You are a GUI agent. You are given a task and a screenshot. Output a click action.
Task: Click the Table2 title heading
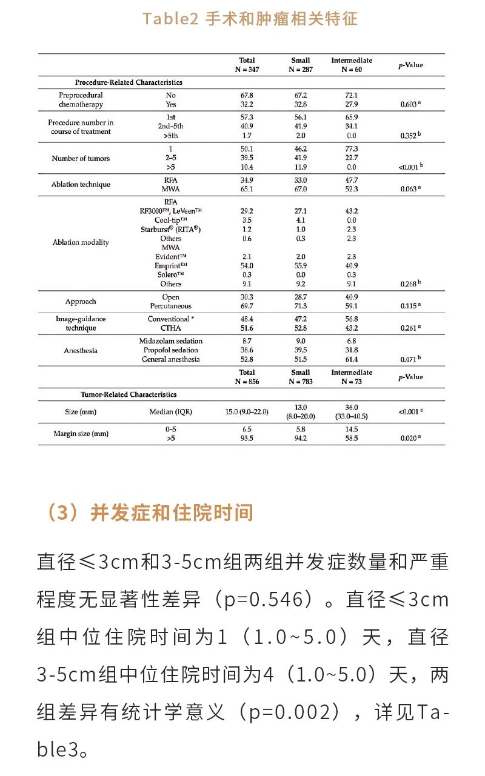tap(250, 19)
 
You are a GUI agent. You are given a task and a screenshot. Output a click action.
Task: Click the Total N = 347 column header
tap(247, 65)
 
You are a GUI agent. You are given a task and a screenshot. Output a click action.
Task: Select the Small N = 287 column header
tap(300, 65)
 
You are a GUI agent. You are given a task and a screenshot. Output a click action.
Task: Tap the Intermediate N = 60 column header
tap(352, 65)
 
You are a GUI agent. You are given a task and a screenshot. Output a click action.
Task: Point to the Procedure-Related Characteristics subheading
tap(129, 82)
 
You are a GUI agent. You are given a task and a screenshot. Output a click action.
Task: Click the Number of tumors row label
tap(81, 159)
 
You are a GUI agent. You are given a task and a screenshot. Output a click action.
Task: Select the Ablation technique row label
tap(81, 185)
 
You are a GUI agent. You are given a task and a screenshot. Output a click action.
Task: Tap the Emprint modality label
tap(170, 265)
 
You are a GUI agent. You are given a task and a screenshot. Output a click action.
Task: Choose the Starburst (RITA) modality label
tap(170, 230)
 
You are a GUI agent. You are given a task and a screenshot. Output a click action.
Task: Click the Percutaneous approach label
tap(170, 307)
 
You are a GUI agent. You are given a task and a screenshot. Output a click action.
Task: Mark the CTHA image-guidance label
tap(170, 328)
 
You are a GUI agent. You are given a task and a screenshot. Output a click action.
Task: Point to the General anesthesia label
tap(170, 359)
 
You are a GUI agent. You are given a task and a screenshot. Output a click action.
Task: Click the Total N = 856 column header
tap(247, 377)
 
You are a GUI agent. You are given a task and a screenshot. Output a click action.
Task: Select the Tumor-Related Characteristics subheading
tap(129, 394)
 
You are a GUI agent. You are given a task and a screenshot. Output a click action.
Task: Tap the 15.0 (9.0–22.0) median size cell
tap(247, 412)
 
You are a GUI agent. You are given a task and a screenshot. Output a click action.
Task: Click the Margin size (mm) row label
tap(81, 434)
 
